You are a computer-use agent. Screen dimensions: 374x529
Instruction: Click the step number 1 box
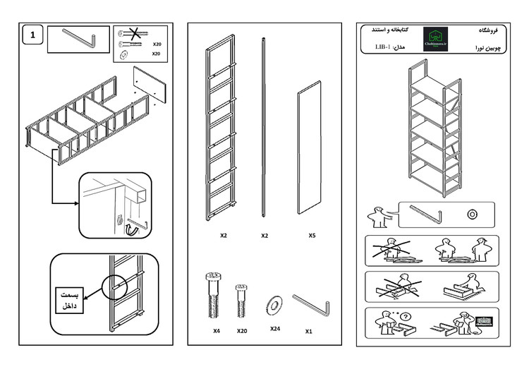coord(32,34)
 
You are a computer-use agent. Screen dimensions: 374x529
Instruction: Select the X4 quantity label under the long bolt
coord(217,330)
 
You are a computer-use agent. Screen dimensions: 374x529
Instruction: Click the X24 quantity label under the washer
coord(275,328)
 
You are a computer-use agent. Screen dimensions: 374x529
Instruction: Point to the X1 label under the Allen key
coord(309,330)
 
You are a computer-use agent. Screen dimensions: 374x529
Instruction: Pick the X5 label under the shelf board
coord(311,235)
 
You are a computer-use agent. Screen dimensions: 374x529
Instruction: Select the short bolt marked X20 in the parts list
coord(242,299)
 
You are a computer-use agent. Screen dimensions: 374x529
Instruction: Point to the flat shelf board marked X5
coord(308,148)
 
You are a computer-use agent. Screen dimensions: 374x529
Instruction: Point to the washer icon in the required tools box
coord(472,212)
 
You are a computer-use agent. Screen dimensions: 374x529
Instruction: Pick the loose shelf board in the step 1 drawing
coord(150,84)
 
